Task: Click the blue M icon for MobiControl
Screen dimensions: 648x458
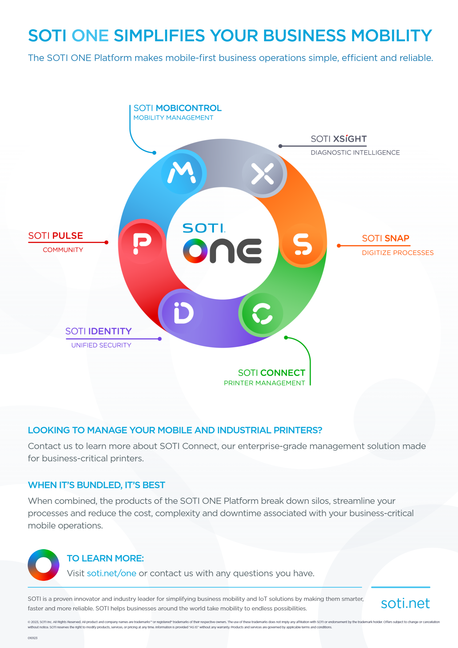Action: [x=182, y=172]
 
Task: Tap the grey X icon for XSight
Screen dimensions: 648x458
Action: [x=263, y=174]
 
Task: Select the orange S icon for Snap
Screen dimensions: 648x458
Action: [x=303, y=244]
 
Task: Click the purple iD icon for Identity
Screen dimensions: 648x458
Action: [x=183, y=312]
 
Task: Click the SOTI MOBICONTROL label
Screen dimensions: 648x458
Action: [x=177, y=108]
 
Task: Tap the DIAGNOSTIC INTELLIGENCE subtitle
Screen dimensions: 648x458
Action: [x=355, y=153]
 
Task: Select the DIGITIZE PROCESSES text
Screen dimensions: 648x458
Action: [x=397, y=253]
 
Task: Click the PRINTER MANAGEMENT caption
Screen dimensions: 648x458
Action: [x=264, y=383]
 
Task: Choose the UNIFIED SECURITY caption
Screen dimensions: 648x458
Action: [x=101, y=345]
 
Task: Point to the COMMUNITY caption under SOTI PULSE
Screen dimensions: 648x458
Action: [x=63, y=250]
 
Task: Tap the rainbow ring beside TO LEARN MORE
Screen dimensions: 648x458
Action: [x=43, y=565]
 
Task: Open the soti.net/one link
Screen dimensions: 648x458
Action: [x=111, y=573]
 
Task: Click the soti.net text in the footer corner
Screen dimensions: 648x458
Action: [x=405, y=603]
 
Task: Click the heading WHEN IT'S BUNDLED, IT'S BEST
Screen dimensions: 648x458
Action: [x=96, y=485]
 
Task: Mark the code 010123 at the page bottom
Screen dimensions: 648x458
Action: [x=33, y=638]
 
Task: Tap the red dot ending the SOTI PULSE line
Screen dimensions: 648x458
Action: [x=106, y=242]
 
